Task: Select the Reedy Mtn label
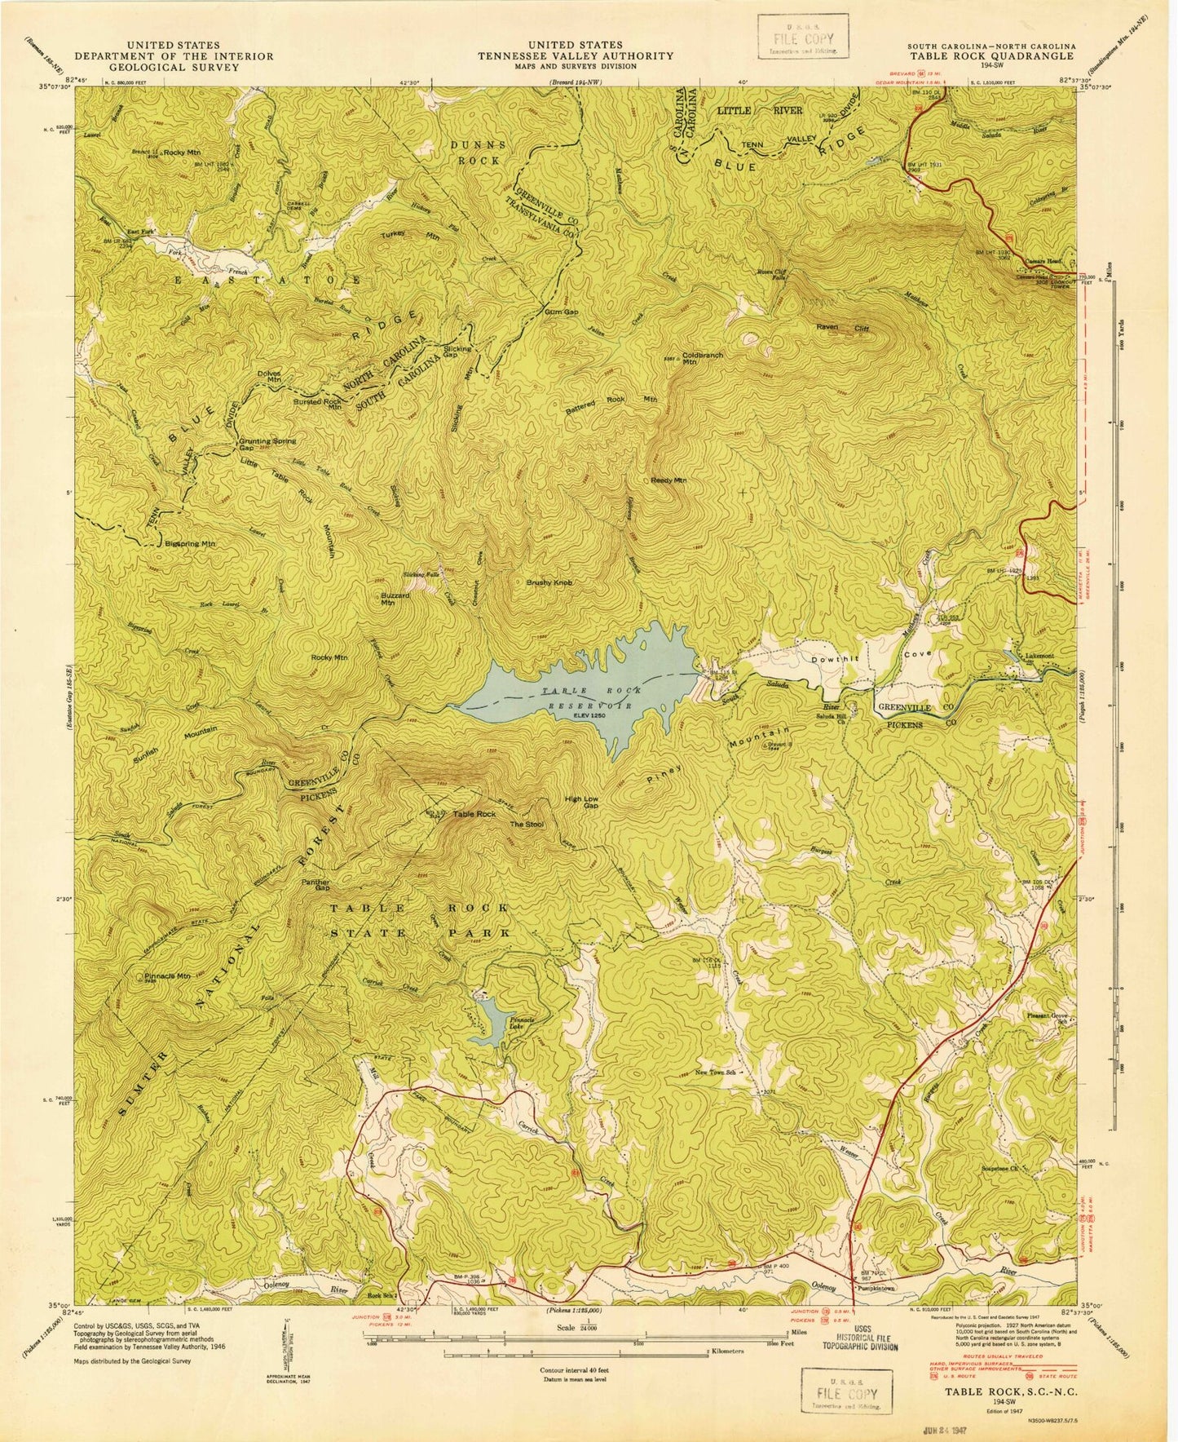point(668,480)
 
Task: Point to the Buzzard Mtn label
point(395,599)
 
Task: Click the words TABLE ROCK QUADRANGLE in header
point(990,56)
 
